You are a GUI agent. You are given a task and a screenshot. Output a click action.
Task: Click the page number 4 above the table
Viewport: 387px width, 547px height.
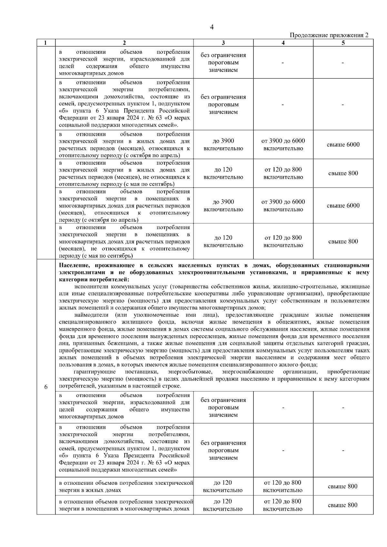point(212,27)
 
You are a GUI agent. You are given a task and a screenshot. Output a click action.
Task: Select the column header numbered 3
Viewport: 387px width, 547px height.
point(223,43)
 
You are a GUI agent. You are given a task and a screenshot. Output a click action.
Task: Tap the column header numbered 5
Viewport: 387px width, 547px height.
point(343,43)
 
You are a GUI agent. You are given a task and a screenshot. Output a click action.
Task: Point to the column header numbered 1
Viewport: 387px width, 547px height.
point(46,43)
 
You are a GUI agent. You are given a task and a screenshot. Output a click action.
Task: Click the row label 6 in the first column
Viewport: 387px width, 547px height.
point(46,387)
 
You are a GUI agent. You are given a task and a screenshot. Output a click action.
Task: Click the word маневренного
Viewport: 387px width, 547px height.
point(75,329)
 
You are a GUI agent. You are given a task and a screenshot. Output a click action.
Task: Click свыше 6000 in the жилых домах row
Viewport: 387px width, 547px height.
point(343,145)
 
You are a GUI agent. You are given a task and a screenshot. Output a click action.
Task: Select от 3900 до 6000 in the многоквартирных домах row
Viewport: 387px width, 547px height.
point(283,202)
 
